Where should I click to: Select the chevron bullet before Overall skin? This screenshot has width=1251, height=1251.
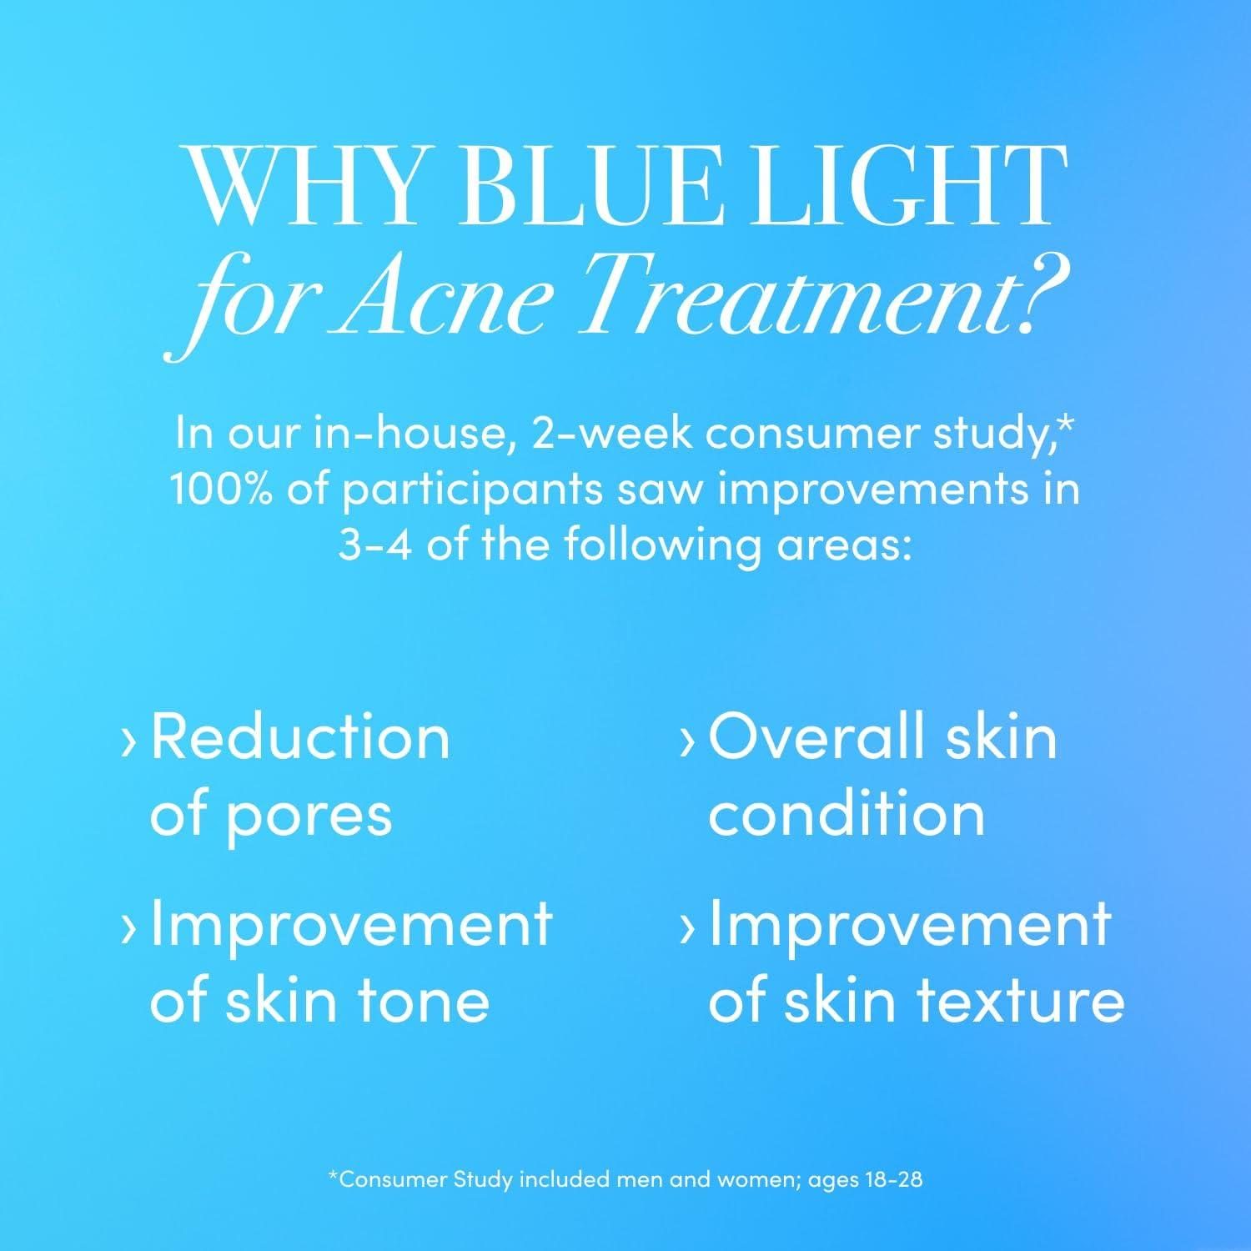[687, 741]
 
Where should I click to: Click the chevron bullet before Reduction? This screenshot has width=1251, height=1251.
[128, 741]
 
